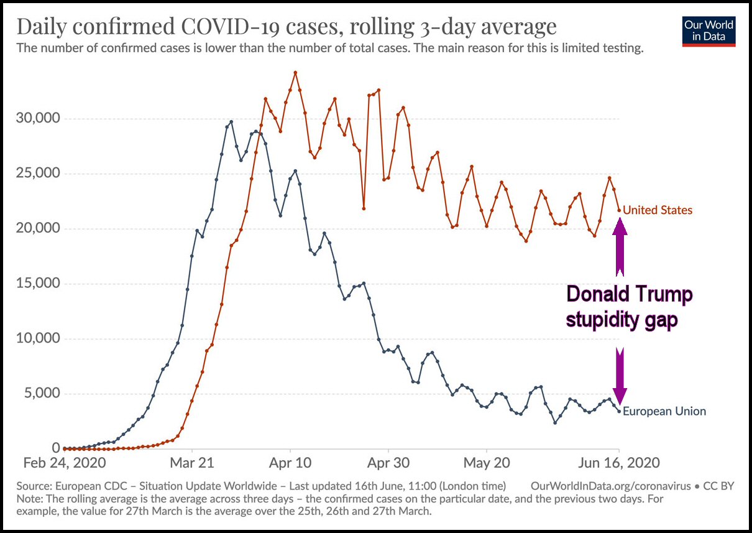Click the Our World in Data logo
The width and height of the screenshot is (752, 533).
pyautogui.click(x=709, y=31)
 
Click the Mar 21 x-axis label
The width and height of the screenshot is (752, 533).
pyautogui.click(x=193, y=463)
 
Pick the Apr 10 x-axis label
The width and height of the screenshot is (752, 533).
pyautogui.click(x=290, y=463)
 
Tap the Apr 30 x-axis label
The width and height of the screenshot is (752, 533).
pyautogui.click(x=388, y=463)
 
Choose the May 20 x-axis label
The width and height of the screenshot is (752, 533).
pyautogui.click(x=486, y=463)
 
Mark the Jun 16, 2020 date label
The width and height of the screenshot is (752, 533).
pyautogui.click(x=619, y=463)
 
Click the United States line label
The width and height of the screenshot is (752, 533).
pyautogui.click(x=658, y=210)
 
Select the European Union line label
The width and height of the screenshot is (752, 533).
pyautogui.click(x=664, y=411)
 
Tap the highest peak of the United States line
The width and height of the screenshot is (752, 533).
pyautogui.click(x=295, y=72)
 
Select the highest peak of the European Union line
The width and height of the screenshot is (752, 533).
pyautogui.click(x=231, y=122)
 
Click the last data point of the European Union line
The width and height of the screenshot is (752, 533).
pyautogui.click(x=619, y=410)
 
